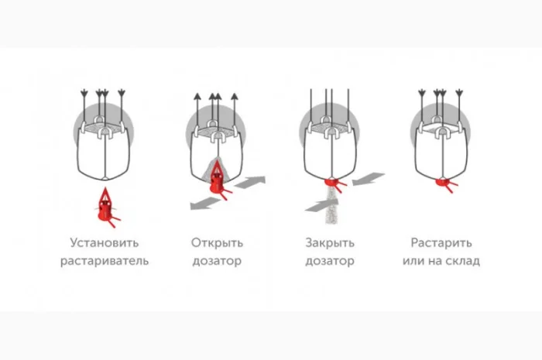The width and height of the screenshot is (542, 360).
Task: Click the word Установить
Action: (x=105, y=243)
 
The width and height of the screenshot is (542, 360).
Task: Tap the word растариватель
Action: (x=105, y=261)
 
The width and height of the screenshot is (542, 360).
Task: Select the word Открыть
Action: (x=217, y=243)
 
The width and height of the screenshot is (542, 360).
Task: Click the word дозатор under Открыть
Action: (x=217, y=261)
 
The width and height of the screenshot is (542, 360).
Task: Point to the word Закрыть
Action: (x=330, y=243)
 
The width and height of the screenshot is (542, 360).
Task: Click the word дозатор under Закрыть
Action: (x=330, y=261)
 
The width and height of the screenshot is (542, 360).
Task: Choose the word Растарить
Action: (x=441, y=243)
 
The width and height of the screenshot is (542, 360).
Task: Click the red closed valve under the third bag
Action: (x=333, y=183)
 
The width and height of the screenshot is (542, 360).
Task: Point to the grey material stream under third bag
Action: (x=331, y=206)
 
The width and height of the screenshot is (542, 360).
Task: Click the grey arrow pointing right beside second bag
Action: (x=249, y=182)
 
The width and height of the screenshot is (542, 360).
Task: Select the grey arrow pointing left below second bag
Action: (x=206, y=203)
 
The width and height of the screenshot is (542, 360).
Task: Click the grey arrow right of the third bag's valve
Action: (x=369, y=179)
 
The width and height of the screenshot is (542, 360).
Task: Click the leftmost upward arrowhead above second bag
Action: (x=197, y=97)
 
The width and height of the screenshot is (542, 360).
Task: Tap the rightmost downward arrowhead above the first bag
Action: (x=122, y=93)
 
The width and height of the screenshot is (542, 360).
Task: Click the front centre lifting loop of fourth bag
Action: (x=442, y=132)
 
